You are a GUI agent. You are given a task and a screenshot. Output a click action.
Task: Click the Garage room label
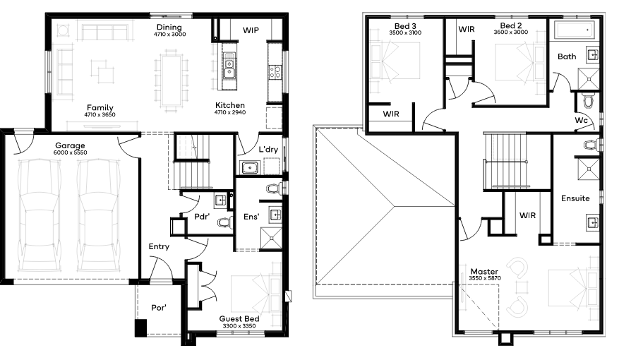tap(70, 145)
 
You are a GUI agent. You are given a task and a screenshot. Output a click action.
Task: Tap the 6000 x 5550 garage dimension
tap(71, 152)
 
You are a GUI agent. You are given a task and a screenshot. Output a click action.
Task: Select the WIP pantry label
tap(251, 30)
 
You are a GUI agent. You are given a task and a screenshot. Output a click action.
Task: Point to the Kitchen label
tap(230, 105)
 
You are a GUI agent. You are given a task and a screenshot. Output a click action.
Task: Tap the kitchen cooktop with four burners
tap(275, 72)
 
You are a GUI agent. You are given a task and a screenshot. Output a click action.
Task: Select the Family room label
tap(100, 108)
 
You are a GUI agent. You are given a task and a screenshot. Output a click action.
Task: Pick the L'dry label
tap(268, 149)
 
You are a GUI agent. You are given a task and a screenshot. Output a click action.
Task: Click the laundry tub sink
tap(249, 167)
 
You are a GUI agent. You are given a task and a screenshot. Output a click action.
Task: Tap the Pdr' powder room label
tap(202, 217)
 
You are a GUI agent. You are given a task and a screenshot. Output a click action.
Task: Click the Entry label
tap(159, 247)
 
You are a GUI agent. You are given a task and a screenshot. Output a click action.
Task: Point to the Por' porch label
tap(159, 308)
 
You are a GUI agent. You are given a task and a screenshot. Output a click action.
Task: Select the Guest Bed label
tap(239, 319)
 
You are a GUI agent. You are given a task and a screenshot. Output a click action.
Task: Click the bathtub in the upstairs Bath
tap(575, 30)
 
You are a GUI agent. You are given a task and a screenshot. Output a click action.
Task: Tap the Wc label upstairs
tap(581, 121)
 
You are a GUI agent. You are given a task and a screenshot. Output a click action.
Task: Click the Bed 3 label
tap(405, 26)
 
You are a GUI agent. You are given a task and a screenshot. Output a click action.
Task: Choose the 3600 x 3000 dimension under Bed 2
tap(511, 32)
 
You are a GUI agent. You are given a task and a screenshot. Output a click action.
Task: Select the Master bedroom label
tap(484, 272)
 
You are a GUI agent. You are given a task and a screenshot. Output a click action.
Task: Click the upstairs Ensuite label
tap(575, 198)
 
